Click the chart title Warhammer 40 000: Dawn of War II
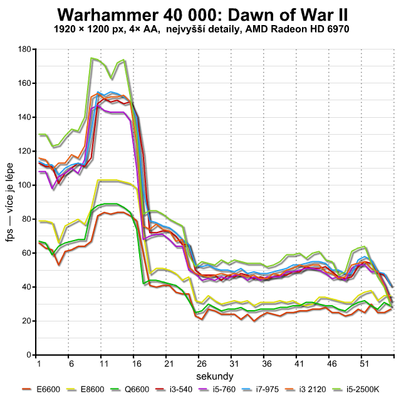tap(200, 14)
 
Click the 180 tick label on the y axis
tap(25, 49)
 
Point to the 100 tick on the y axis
tap(25, 185)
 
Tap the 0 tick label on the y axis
tap(29, 355)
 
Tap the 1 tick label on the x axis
tap(38, 364)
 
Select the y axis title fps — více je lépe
tap(11, 202)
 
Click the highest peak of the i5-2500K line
tap(92, 58)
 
